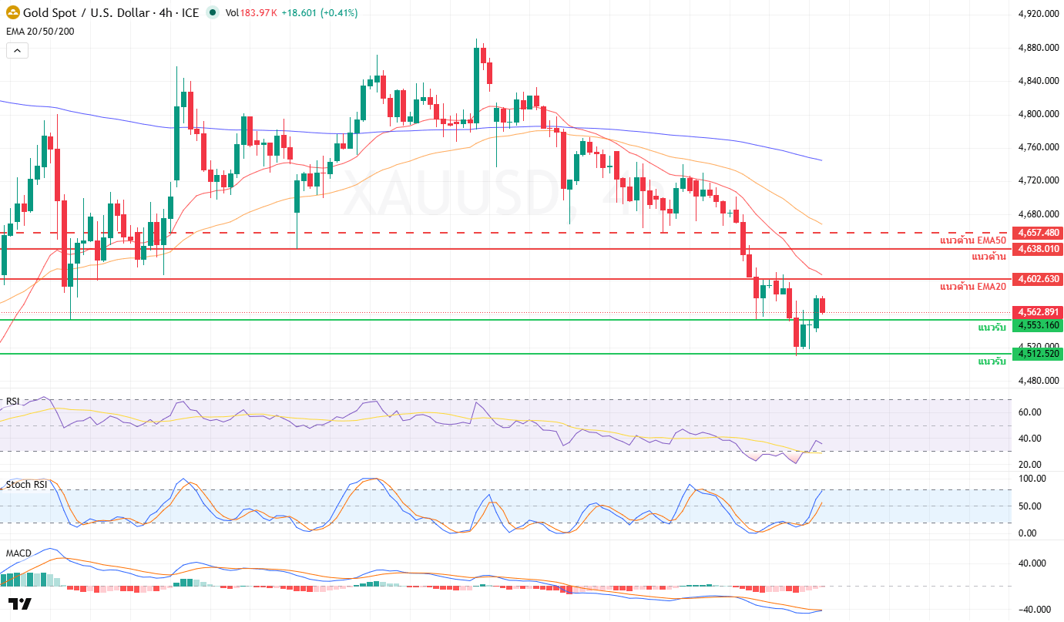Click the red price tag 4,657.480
tap(1039, 233)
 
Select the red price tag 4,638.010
tap(1039, 249)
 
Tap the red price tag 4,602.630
tap(1039, 279)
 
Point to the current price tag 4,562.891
tap(1039, 312)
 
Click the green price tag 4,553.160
tap(1039, 325)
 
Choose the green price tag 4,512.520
tap(1039, 354)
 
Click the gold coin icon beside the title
tap(13, 12)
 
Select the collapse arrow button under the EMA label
tap(17, 51)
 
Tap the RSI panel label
tap(13, 402)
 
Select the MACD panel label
tap(18, 553)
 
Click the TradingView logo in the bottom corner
tap(20, 604)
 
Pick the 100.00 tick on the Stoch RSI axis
tap(1032, 479)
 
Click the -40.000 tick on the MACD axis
tap(1035, 610)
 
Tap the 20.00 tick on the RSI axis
tap(1030, 464)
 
